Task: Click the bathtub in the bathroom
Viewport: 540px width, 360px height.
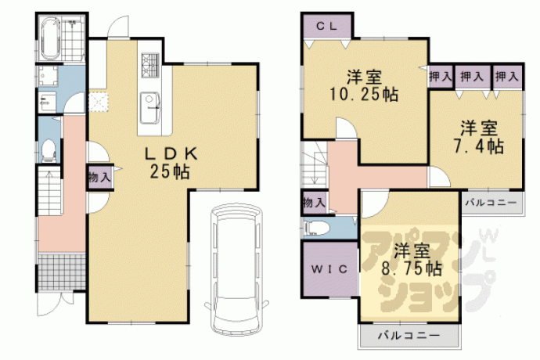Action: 52,39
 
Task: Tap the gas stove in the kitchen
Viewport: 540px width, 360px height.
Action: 150,65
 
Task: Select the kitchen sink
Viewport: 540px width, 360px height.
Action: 150,108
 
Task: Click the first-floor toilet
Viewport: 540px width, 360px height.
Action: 49,149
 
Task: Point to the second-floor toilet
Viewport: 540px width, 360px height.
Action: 316,228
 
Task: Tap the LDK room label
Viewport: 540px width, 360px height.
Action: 171,154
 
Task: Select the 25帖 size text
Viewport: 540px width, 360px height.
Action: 170,171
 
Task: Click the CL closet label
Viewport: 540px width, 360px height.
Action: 327,26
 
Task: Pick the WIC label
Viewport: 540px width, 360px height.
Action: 329,268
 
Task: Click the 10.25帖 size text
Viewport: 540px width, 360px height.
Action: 364,94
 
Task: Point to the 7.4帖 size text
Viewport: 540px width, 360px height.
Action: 478,146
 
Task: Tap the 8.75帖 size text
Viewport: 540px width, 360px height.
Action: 412,268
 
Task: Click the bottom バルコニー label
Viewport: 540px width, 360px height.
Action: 409,335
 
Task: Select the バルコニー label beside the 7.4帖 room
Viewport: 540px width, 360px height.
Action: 491,203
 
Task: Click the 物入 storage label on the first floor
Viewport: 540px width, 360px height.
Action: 100,178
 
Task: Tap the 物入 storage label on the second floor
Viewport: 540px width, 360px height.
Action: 314,203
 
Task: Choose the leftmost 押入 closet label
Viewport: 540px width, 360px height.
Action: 441,76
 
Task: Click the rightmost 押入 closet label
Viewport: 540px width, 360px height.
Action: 506,76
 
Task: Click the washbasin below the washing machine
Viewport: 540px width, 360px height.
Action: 46,101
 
